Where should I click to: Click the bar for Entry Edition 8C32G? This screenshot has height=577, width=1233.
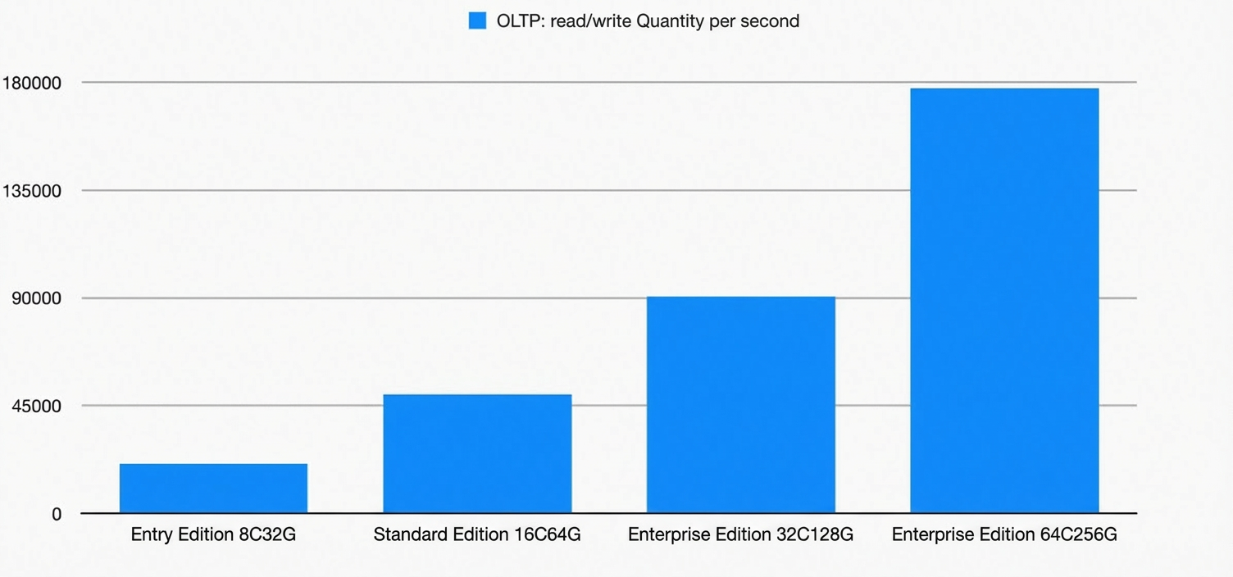(214, 488)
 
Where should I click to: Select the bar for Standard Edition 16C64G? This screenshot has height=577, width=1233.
(477, 454)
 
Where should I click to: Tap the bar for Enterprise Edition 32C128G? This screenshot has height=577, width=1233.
(741, 405)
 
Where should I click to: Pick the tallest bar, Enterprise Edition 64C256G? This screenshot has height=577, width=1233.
(1004, 300)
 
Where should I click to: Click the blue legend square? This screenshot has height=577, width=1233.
(477, 21)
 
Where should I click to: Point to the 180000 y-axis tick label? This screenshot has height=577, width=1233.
(31, 83)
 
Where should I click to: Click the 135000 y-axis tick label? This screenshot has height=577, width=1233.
(31, 191)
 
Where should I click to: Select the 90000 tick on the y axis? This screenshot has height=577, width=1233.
(36, 298)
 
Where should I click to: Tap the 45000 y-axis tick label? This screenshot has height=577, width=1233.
(36, 406)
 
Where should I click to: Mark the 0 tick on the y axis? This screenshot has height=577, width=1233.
(57, 514)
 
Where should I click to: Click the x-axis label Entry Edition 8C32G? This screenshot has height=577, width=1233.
(214, 534)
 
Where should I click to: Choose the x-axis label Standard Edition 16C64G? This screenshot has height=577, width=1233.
(477, 534)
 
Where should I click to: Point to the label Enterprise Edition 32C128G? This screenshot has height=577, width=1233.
(741, 534)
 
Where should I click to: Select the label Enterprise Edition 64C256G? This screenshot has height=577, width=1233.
(1004, 534)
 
